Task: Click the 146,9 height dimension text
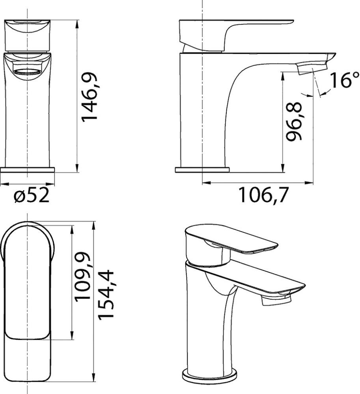coord(89,97)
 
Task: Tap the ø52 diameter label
coord(32,196)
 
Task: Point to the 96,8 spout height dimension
coord(294,121)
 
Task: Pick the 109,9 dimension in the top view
coord(83,276)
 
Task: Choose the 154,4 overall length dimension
coord(106,295)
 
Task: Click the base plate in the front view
coord(27,170)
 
